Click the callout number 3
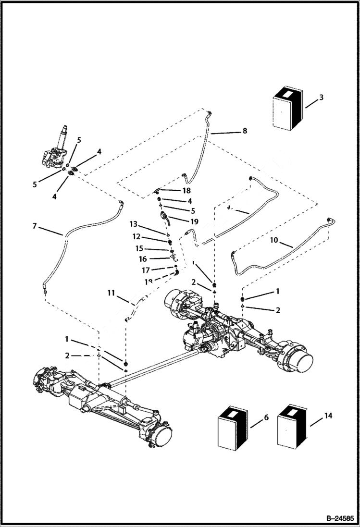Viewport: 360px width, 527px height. click(x=321, y=97)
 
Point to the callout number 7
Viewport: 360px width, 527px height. click(x=34, y=225)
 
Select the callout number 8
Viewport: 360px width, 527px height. click(x=245, y=131)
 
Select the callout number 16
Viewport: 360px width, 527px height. click(x=143, y=259)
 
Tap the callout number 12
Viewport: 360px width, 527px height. click(x=137, y=236)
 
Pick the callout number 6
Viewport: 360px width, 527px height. click(x=266, y=418)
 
